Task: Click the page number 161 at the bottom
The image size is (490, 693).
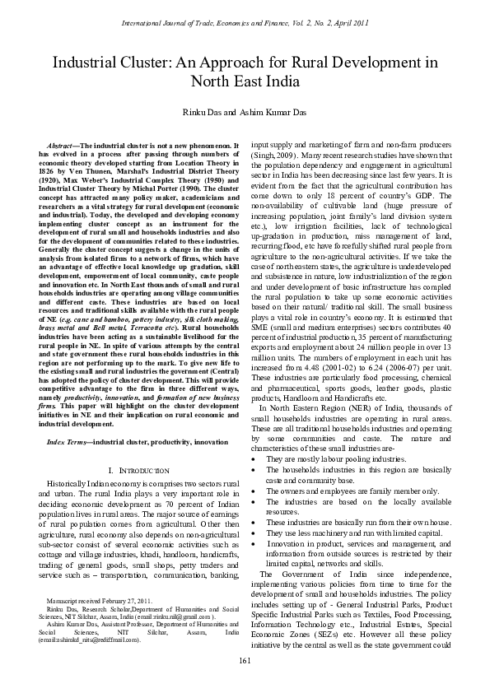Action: pyautogui.click(x=245, y=663)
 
